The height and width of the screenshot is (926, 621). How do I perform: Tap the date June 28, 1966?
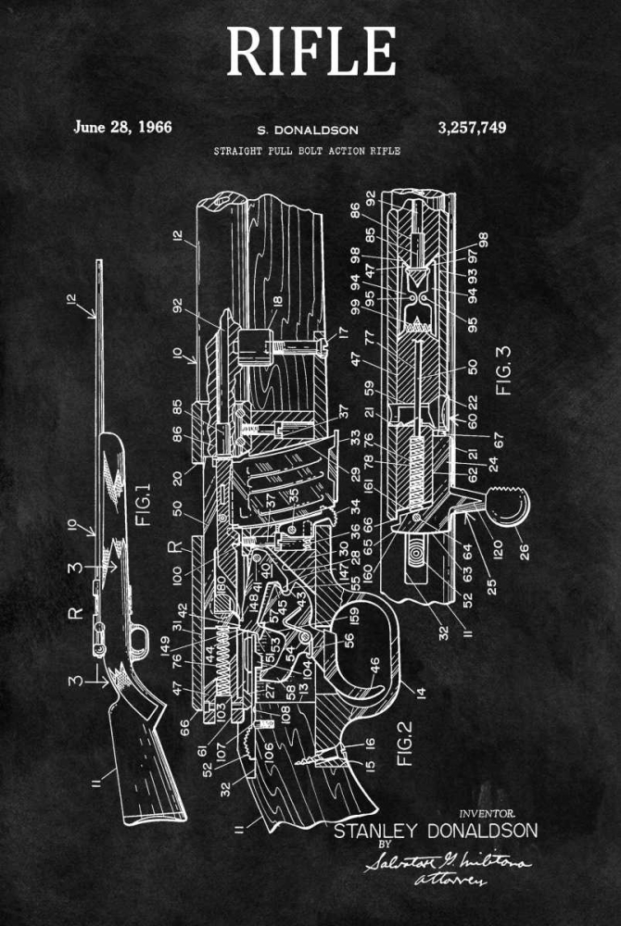click(x=122, y=127)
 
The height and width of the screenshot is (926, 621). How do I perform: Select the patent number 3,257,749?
click(x=470, y=127)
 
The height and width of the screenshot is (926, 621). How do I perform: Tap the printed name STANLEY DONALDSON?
click(x=435, y=830)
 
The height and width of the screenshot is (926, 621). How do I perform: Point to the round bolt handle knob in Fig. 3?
click(x=513, y=507)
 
